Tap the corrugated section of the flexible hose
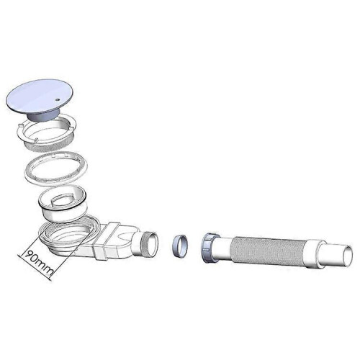pyautogui.click(x=268, y=251)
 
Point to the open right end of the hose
pyautogui.click(x=348, y=256)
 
